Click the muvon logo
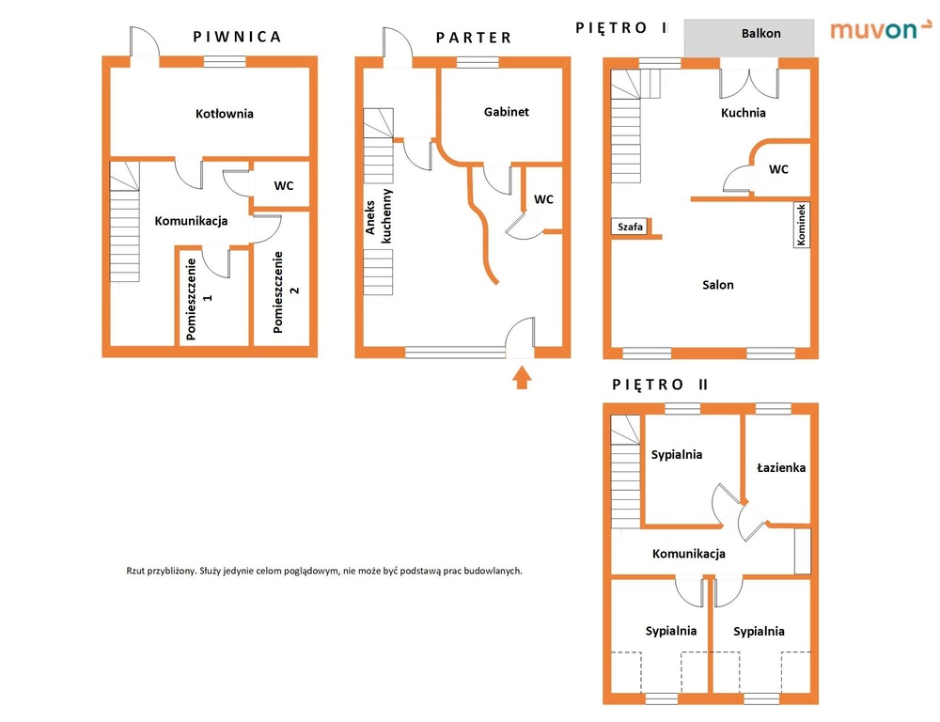click(881, 29)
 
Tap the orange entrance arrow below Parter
click(522, 378)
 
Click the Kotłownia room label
click(225, 114)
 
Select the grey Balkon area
click(749, 38)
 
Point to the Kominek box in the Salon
click(802, 225)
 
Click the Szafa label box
click(630, 227)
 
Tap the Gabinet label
click(507, 112)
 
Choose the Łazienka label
click(781, 467)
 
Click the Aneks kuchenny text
click(378, 216)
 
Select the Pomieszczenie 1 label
click(199, 299)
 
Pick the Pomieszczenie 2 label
click(286, 292)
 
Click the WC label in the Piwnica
click(284, 186)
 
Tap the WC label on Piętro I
click(778, 170)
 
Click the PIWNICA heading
click(237, 38)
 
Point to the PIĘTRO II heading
click(660, 385)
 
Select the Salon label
click(718, 285)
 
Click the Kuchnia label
click(744, 113)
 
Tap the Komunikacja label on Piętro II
click(689, 554)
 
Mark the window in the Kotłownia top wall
click(225, 61)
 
